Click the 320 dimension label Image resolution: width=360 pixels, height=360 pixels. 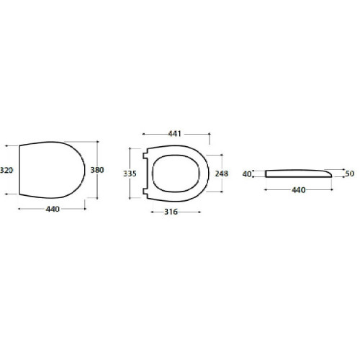tap(6, 170)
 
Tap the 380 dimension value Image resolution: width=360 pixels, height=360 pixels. tap(97, 170)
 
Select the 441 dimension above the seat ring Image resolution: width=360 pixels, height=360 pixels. tap(174, 134)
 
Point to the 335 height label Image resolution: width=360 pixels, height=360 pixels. tap(130, 174)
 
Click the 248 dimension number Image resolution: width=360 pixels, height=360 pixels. tap(222, 174)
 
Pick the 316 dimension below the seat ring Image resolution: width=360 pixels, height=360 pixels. tap(171, 212)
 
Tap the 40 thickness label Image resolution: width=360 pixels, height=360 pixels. tap(246, 174)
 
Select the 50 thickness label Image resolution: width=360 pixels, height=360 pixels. tap(350, 174)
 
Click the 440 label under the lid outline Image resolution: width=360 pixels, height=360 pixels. tap(53, 210)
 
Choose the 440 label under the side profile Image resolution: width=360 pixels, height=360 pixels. tap(299, 190)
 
